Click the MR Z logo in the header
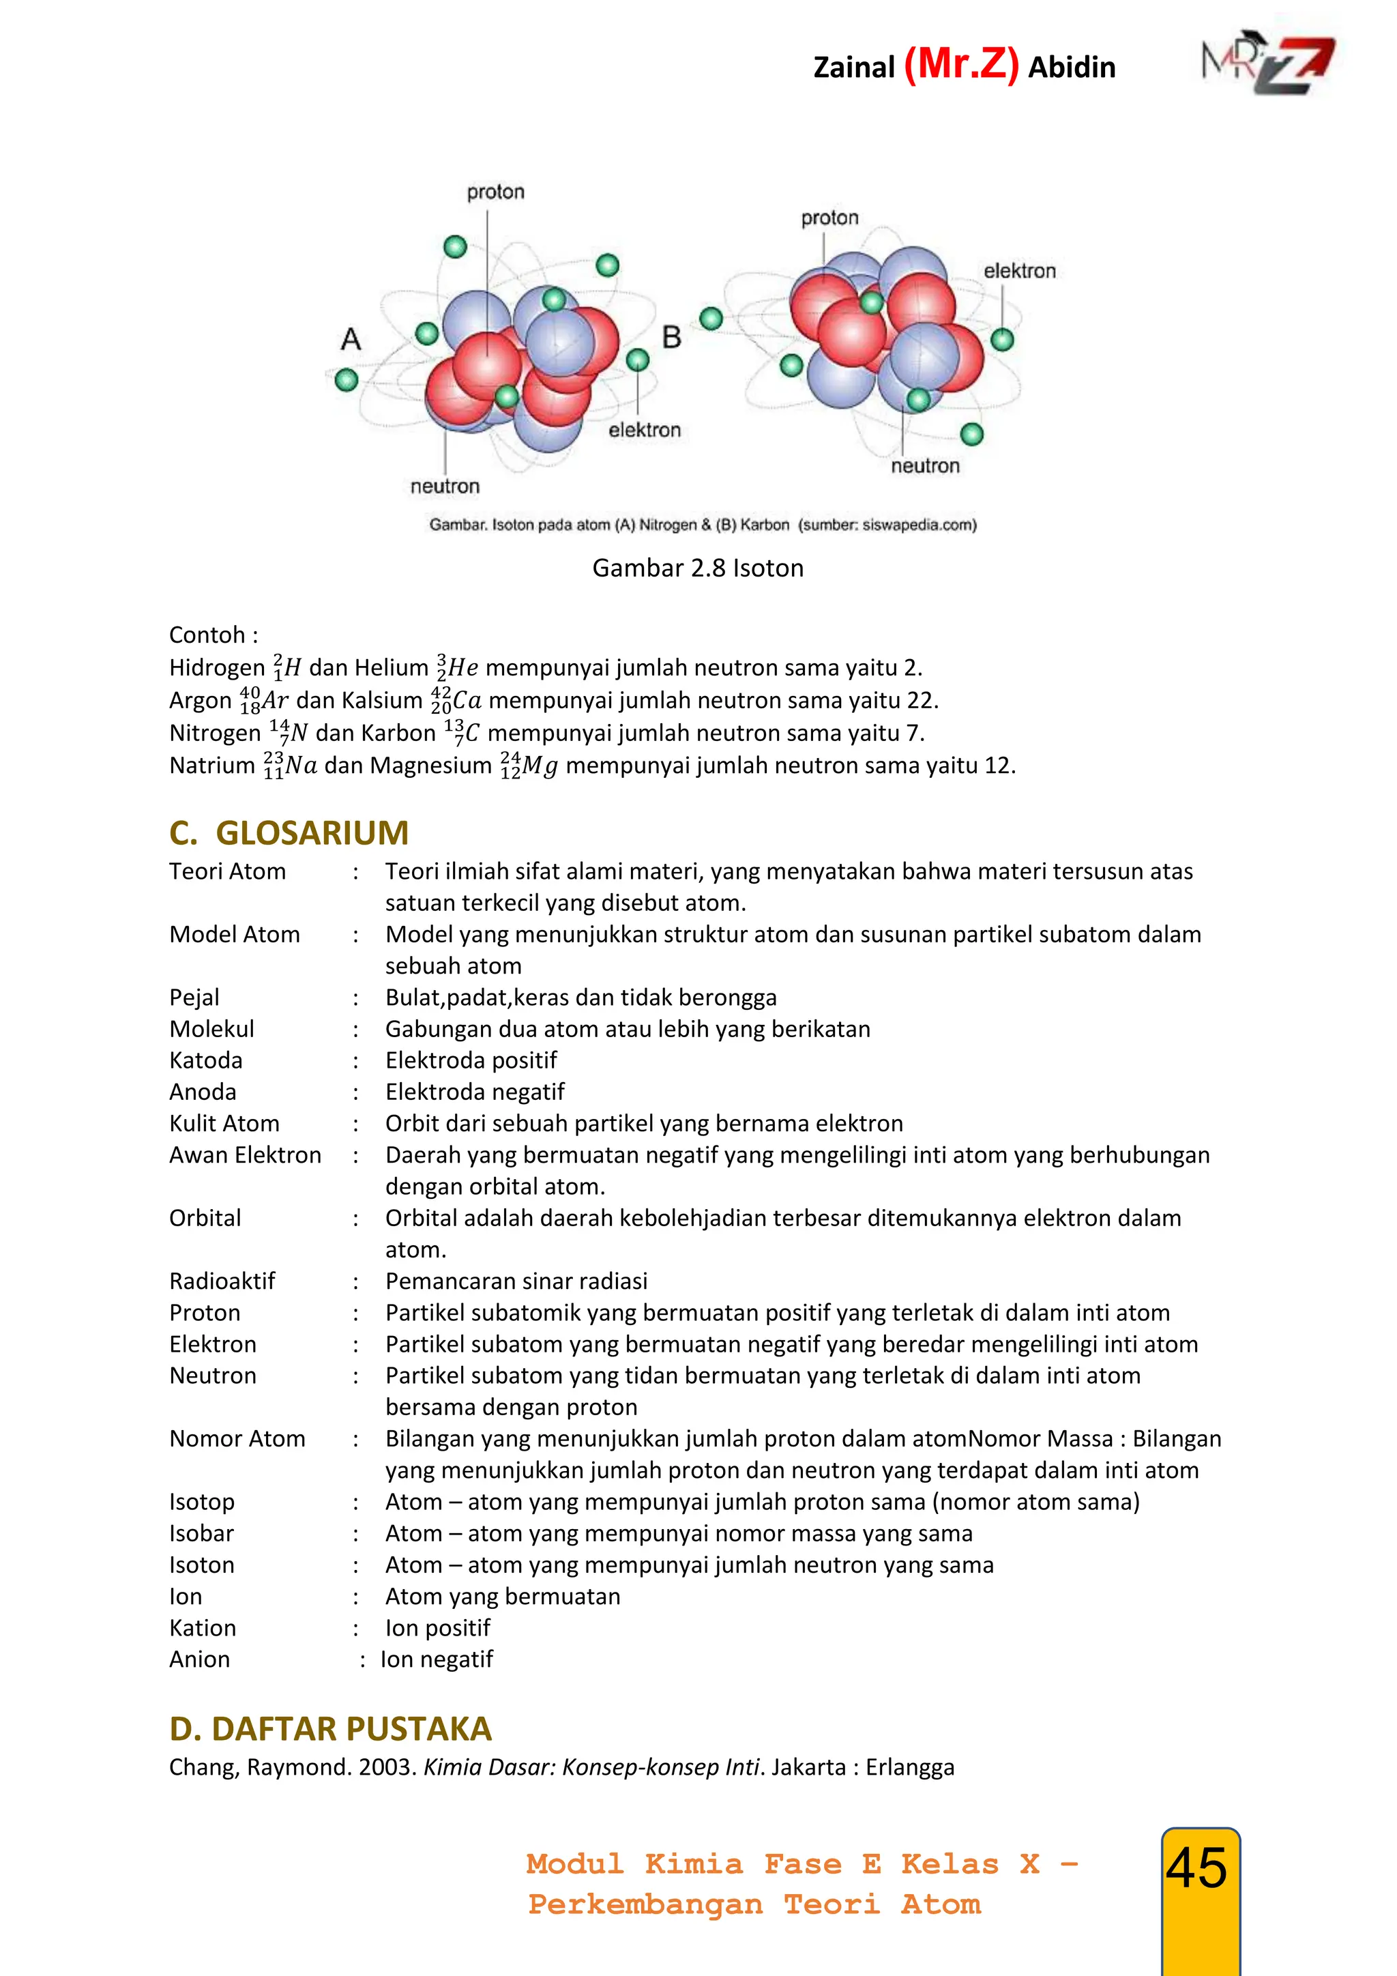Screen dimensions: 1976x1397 1268,66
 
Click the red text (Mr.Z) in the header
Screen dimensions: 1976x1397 961,65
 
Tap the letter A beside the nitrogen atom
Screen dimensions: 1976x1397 351,338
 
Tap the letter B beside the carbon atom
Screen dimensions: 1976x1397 672,336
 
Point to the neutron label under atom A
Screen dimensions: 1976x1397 445,486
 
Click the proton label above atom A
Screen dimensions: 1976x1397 495,192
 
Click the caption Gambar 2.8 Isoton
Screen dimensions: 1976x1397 698,568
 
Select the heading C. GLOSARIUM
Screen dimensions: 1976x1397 289,832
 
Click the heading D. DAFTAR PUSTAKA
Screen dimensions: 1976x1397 330,1728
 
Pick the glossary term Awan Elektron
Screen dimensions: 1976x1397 245,1155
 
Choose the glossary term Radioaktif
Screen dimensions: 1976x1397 222,1281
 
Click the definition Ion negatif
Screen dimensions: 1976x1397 437,1659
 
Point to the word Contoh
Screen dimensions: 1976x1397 207,635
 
